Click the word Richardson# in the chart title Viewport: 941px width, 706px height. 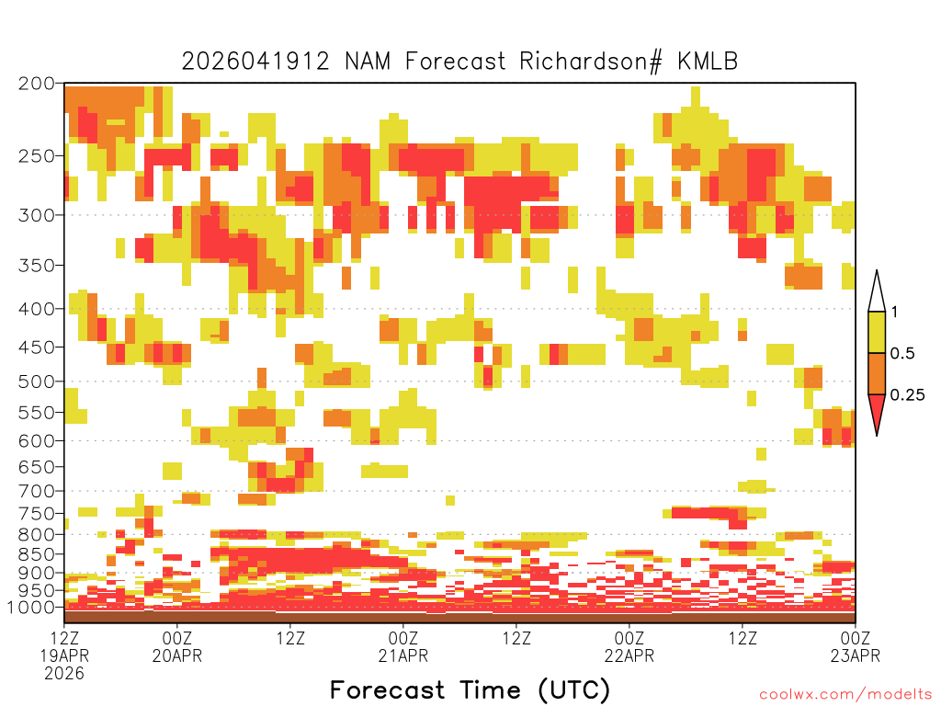coord(591,62)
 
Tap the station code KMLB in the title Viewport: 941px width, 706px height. coord(708,62)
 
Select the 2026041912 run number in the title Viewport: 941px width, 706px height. coord(255,62)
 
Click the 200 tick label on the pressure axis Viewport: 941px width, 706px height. coord(36,84)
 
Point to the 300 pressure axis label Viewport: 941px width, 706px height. coord(36,215)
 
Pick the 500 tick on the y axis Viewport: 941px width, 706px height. coord(36,381)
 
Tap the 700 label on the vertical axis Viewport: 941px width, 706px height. coord(36,491)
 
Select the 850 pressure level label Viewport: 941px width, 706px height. coord(36,554)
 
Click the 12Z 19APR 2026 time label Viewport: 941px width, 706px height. coord(64,655)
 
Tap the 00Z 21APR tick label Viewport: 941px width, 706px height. coord(403,646)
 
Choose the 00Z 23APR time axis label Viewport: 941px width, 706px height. coord(856,646)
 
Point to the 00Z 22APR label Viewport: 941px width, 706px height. coord(629,646)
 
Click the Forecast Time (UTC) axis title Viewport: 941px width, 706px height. coord(470,689)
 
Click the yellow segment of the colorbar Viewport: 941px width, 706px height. coord(877,332)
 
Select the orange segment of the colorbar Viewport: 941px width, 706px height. coord(877,373)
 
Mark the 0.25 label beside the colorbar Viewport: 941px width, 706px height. coord(907,395)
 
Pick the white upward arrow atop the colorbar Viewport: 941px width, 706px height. coord(877,291)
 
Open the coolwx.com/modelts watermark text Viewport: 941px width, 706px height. coord(845,695)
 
